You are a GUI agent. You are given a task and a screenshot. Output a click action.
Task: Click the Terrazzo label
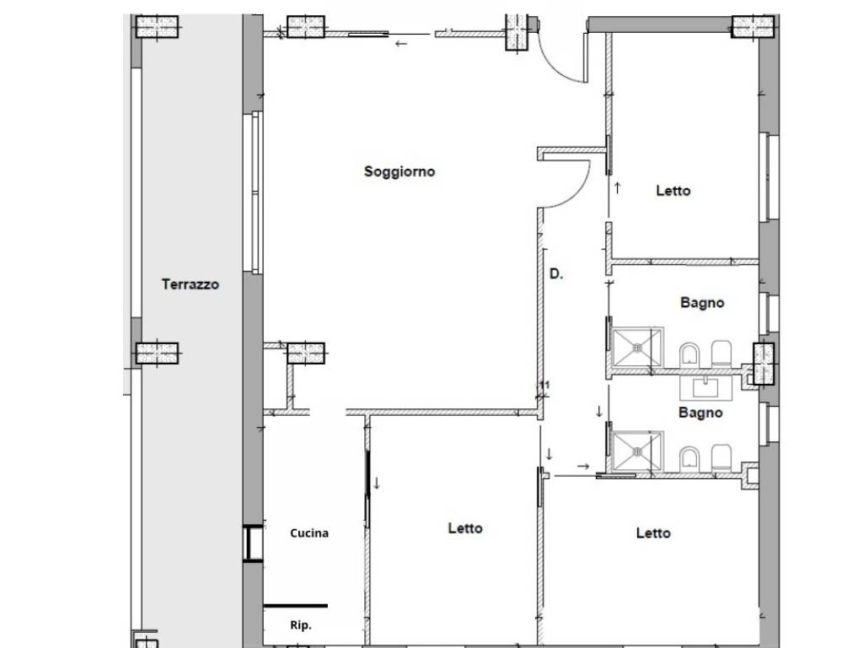(x=190, y=284)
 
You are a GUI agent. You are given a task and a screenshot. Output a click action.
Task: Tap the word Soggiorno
(x=399, y=171)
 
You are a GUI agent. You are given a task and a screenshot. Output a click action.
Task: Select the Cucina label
(x=309, y=533)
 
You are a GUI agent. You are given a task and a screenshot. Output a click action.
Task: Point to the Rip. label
(x=301, y=625)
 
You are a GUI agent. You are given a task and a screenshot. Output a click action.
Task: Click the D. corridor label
(x=556, y=273)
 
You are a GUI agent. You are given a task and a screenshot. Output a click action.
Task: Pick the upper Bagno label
(x=702, y=303)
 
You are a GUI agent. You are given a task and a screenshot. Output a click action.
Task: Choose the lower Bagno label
(x=700, y=412)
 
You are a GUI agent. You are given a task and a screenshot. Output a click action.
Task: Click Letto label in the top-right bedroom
(x=673, y=191)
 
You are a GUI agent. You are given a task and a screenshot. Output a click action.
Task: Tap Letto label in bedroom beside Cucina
(x=465, y=528)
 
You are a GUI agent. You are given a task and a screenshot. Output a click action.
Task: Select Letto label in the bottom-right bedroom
(x=653, y=533)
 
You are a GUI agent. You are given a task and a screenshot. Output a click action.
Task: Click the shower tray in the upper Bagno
(x=638, y=347)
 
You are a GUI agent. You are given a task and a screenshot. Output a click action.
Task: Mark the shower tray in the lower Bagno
(x=638, y=452)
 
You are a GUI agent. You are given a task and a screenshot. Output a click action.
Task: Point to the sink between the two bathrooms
(x=706, y=387)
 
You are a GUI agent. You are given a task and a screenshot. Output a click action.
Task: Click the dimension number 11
(x=544, y=385)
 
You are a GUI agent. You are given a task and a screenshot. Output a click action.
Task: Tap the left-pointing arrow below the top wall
(x=401, y=44)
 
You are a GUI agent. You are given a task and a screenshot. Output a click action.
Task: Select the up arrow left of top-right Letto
(x=618, y=188)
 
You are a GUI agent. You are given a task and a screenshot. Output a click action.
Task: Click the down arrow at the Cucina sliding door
(x=377, y=483)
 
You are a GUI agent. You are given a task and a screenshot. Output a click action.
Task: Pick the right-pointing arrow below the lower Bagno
(x=583, y=466)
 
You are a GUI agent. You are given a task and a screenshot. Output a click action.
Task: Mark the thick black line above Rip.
(x=296, y=606)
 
